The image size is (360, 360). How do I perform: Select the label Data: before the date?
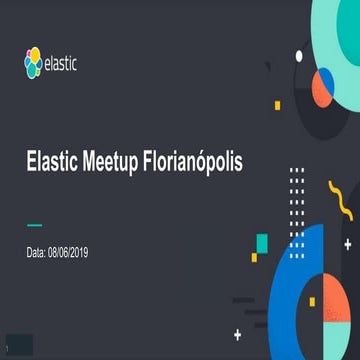[35, 253]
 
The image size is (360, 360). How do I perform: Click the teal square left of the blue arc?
[262, 243]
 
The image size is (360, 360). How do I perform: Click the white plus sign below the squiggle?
[347, 243]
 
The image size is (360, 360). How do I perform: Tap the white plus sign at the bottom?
[237, 333]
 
